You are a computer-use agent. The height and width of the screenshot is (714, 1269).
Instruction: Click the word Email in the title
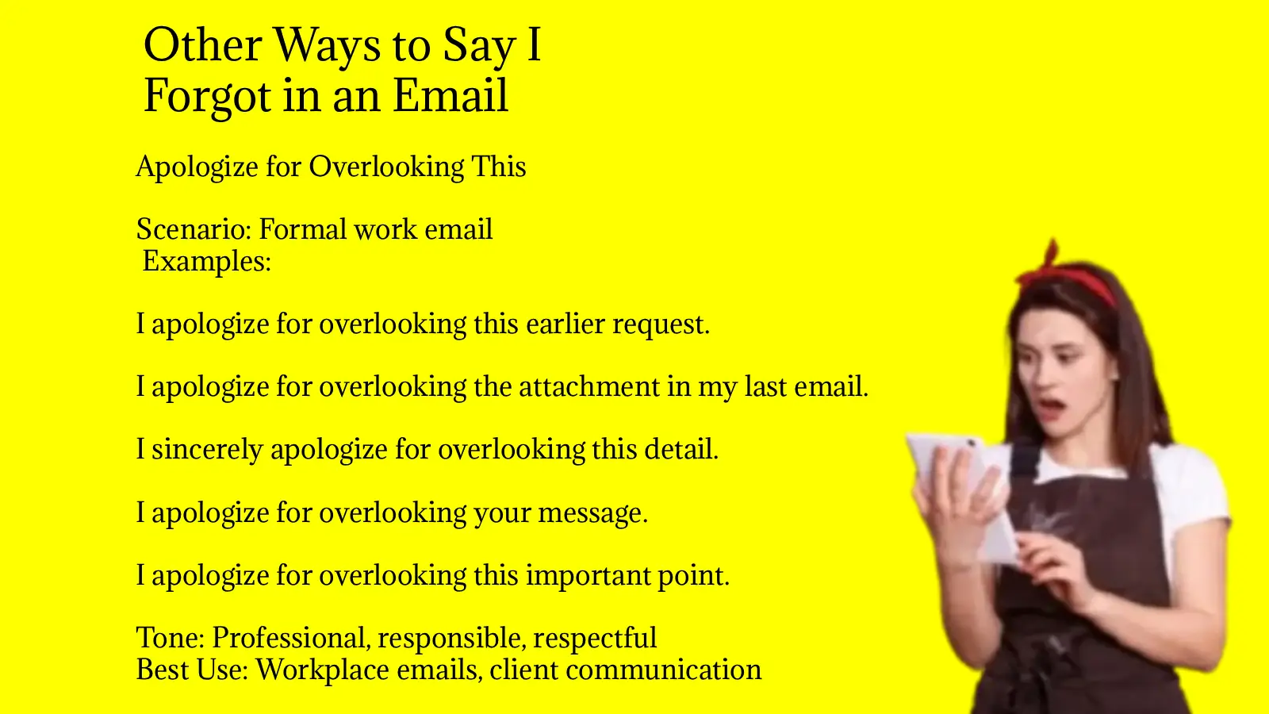point(450,95)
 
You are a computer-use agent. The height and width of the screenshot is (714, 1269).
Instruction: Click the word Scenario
point(194,229)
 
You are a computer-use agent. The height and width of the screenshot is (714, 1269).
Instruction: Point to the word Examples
point(207,261)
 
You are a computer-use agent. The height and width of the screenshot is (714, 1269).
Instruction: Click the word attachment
point(589,386)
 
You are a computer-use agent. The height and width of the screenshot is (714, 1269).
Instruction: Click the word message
point(592,513)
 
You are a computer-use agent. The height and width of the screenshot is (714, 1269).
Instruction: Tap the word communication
point(663,670)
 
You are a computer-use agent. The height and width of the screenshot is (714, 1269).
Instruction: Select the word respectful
point(595,639)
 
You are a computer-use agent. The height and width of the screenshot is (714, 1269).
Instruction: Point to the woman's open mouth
point(1050,407)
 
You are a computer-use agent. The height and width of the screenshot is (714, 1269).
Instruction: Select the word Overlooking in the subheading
point(386,167)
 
